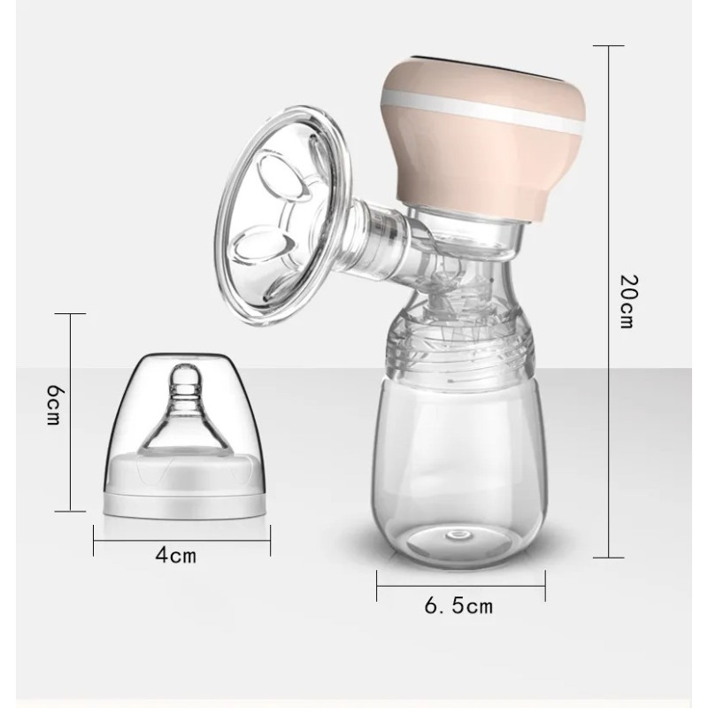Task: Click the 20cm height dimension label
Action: click(x=627, y=301)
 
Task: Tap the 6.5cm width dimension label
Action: click(x=458, y=605)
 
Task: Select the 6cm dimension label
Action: click(x=53, y=405)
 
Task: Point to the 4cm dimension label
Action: click(x=176, y=555)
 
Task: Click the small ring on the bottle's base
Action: click(x=458, y=535)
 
